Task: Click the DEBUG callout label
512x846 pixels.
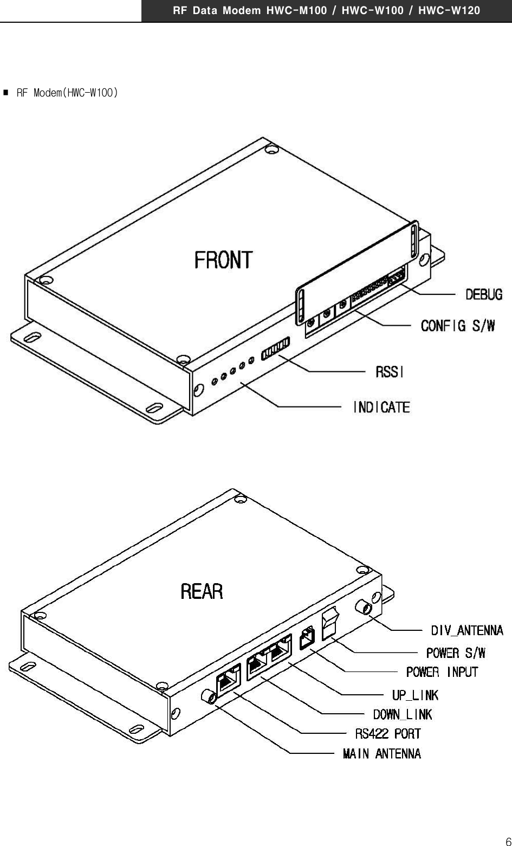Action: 484,294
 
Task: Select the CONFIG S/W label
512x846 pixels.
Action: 458,326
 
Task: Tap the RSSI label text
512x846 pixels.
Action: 390,372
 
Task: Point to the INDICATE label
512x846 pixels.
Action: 381,407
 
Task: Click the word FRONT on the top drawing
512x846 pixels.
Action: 223,260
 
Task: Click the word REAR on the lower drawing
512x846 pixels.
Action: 202,591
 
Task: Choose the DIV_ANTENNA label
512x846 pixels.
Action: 466,630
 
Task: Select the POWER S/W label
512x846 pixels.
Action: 456,652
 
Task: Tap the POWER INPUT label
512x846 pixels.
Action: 442,672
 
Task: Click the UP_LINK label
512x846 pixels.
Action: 415,695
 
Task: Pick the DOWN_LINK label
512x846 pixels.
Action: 403,714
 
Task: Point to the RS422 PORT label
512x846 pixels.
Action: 387,734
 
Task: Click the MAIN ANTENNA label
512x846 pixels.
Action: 381,753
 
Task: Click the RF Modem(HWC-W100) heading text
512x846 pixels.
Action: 67,93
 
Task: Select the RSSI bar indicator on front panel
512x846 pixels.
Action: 275,348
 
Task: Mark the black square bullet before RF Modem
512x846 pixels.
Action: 5,93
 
